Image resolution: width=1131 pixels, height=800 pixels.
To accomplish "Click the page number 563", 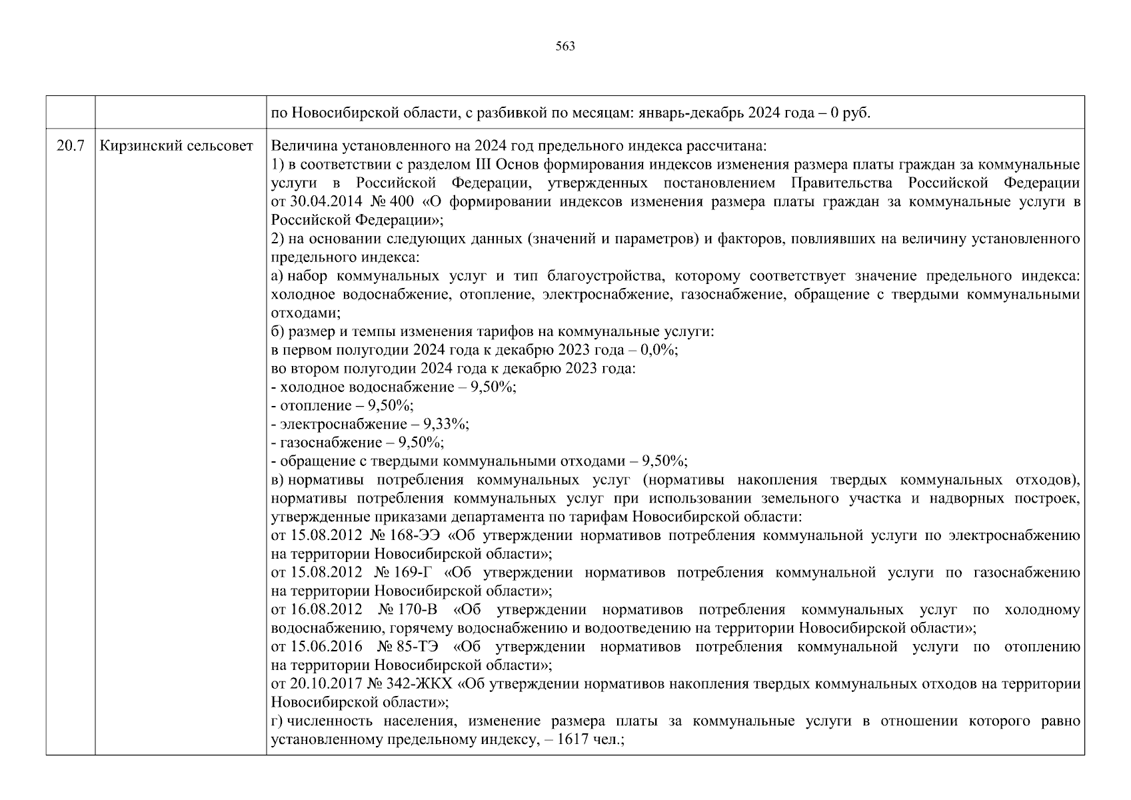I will pos(565,47).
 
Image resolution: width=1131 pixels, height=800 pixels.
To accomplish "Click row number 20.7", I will pos(70,145).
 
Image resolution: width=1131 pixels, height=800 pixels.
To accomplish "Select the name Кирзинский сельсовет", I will pos(176,145).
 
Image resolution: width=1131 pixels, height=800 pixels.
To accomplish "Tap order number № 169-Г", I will pos(405,573).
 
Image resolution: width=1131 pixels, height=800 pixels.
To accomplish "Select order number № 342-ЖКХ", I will pos(409,684).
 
